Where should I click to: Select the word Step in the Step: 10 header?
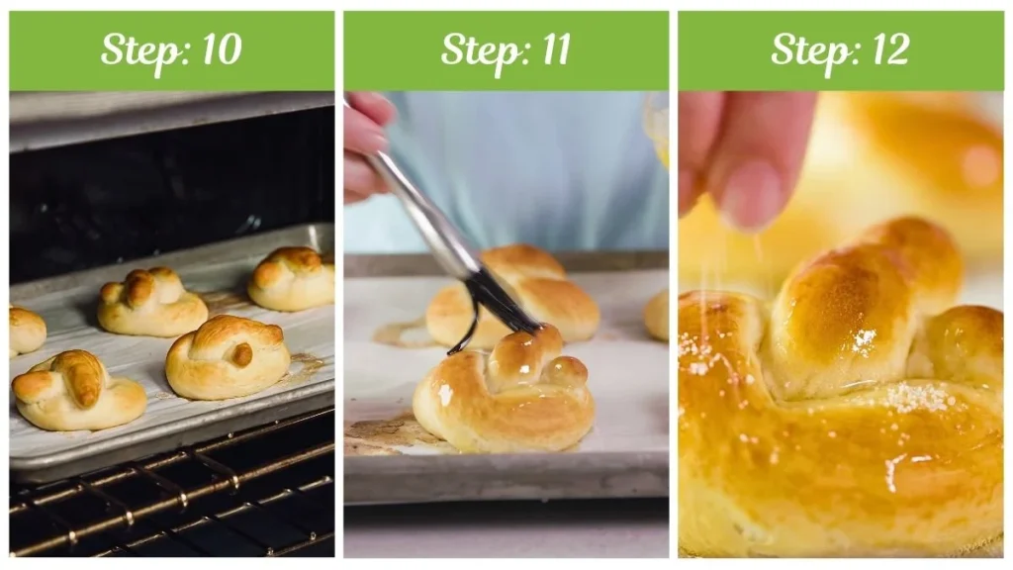(x=138, y=50)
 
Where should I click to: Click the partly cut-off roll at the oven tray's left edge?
(x=25, y=331)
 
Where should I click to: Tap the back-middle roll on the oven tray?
(x=150, y=301)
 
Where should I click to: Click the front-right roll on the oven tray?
(x=227, y=356)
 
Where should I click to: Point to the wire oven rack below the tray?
(x=168, y=505)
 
